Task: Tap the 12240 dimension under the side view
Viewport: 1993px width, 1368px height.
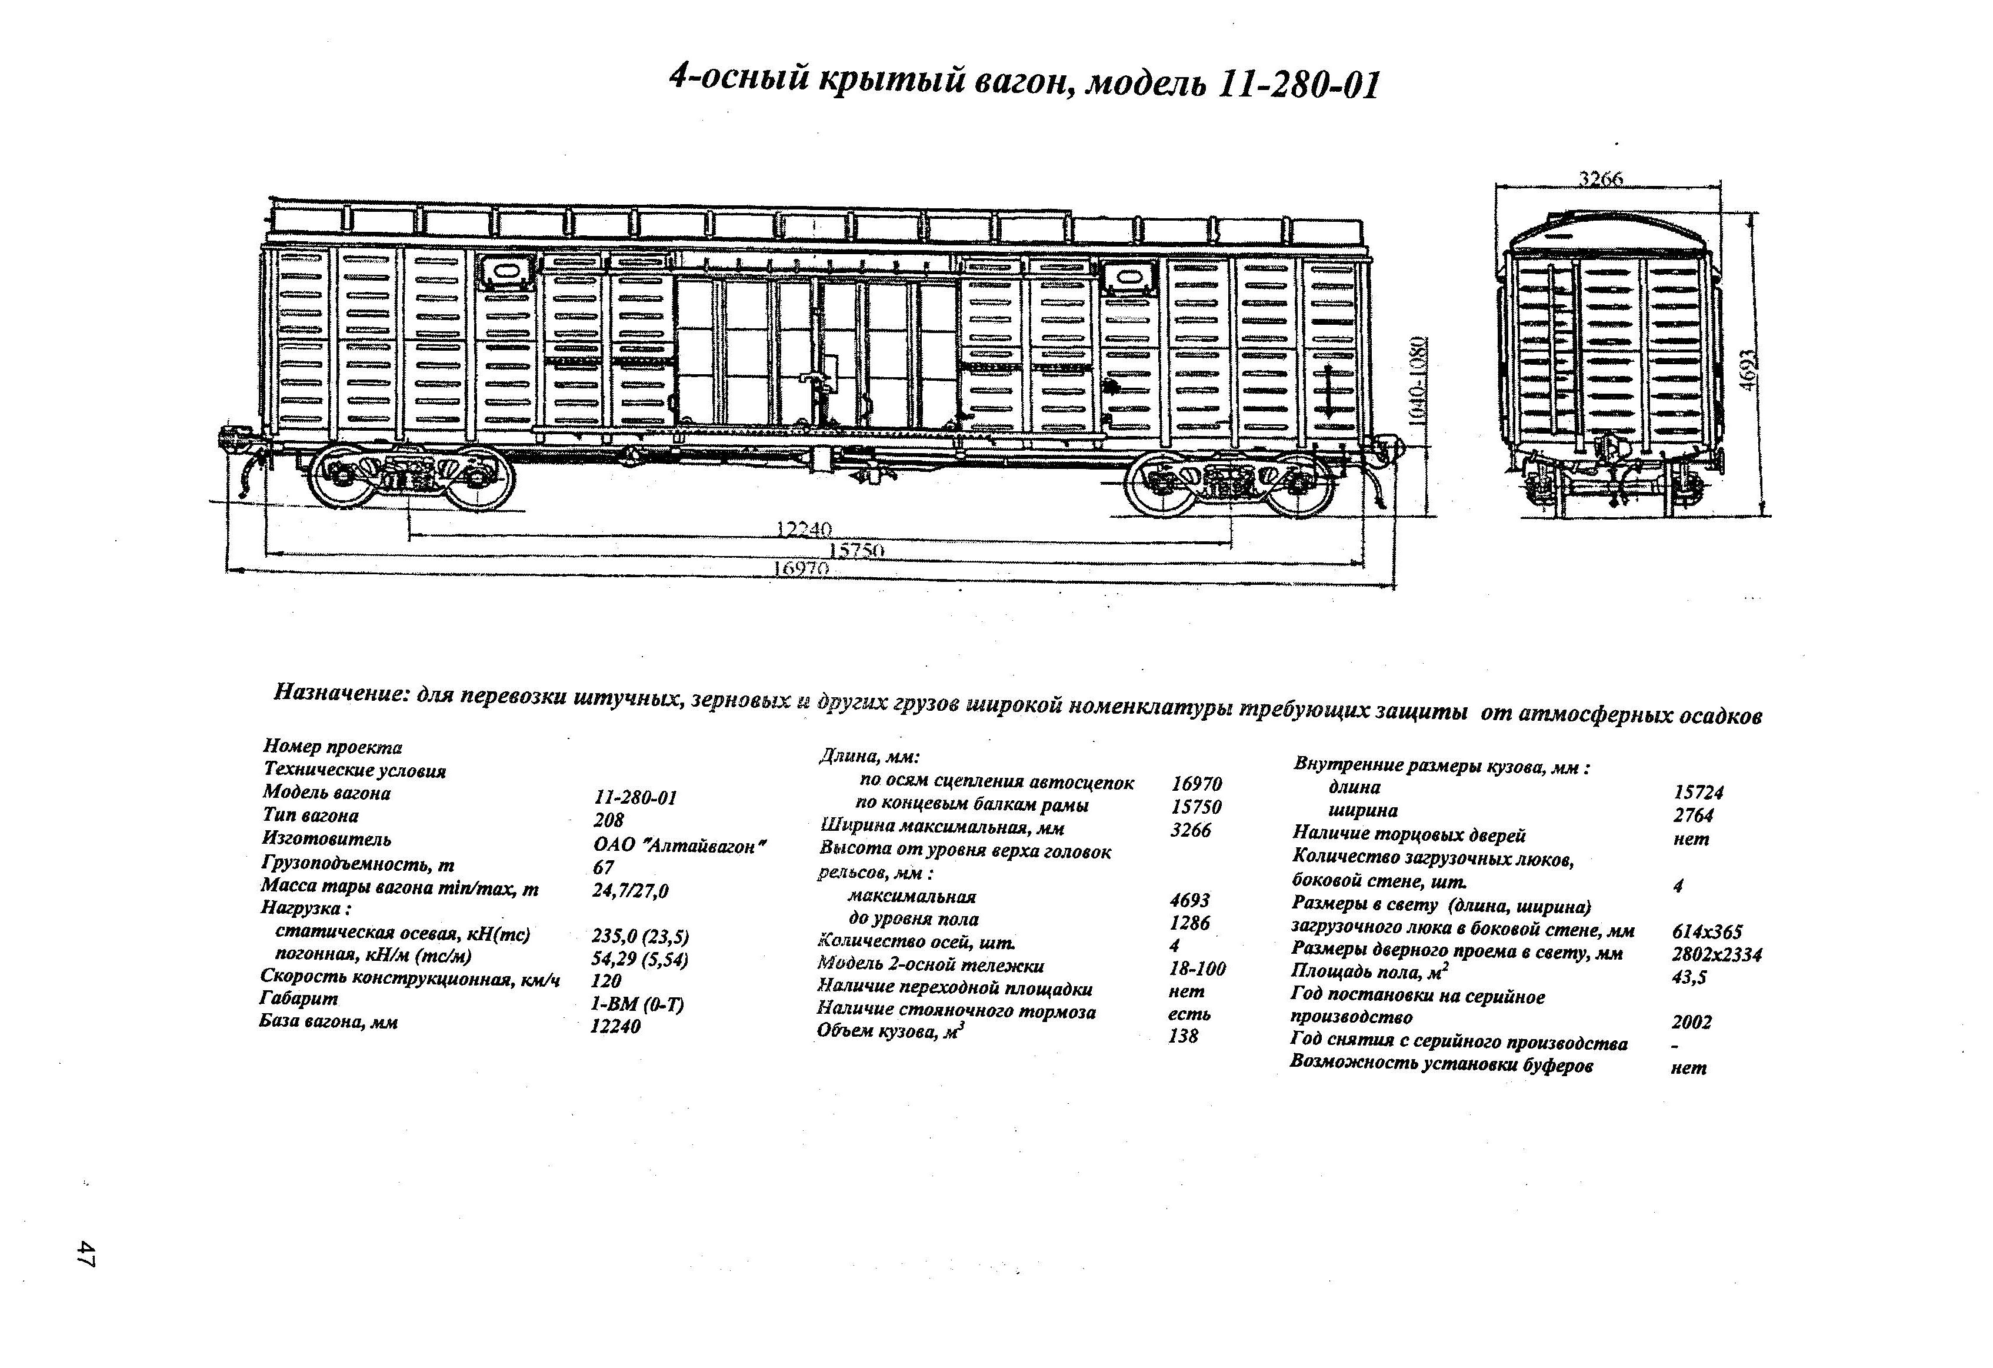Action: pos(804,529)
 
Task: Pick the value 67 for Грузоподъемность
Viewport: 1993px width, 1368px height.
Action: pos(604,868)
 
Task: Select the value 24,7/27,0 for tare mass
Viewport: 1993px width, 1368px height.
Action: pos(631,891)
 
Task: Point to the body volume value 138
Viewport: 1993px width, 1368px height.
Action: pos(1184,1037)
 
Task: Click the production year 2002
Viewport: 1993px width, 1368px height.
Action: pos(1692,1023)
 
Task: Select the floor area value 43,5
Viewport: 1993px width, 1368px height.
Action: pos(1689,977)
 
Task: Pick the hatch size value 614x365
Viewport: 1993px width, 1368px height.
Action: pos(1707,931)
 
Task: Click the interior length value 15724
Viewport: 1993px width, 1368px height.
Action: pos(1698,793)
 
